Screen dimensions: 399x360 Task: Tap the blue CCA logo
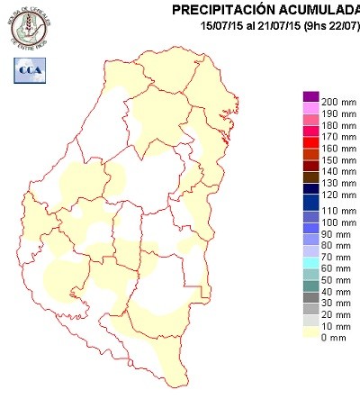(x=26, y=69)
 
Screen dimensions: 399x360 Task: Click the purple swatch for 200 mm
(x=311, y=96)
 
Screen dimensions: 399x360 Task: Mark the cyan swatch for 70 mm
(x=311, y=258)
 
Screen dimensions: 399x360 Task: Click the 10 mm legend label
(x=335, y=325)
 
